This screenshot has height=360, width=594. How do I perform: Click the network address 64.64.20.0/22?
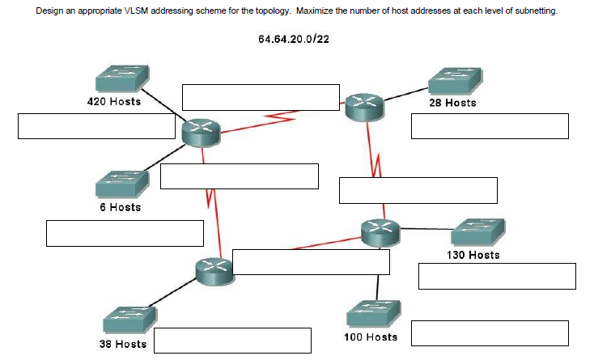pyautogui.click(x=294, y=40)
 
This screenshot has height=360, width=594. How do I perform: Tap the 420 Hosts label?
pyautogui.click(x=113, y=102)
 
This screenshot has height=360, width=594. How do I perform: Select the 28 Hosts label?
pyautogui.click(x=453, y=103)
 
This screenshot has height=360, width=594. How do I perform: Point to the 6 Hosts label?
pyautogui.click(x=120, y=207)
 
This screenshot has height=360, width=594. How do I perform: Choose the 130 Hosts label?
pyautogui.click(x=473, y=255)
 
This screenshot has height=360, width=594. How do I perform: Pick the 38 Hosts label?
pyautogui.click(x=122, y=344)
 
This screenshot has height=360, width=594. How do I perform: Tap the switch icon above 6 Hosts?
pyautogui.click(x=121, y=184)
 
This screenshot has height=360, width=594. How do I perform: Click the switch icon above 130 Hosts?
pyautogui.click(x=477, y=232)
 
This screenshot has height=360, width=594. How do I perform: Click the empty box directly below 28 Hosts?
pyautogui.click(x=490, y=126)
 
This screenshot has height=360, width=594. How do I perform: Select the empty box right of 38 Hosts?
pyautogui.click(x=233, y=341)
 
